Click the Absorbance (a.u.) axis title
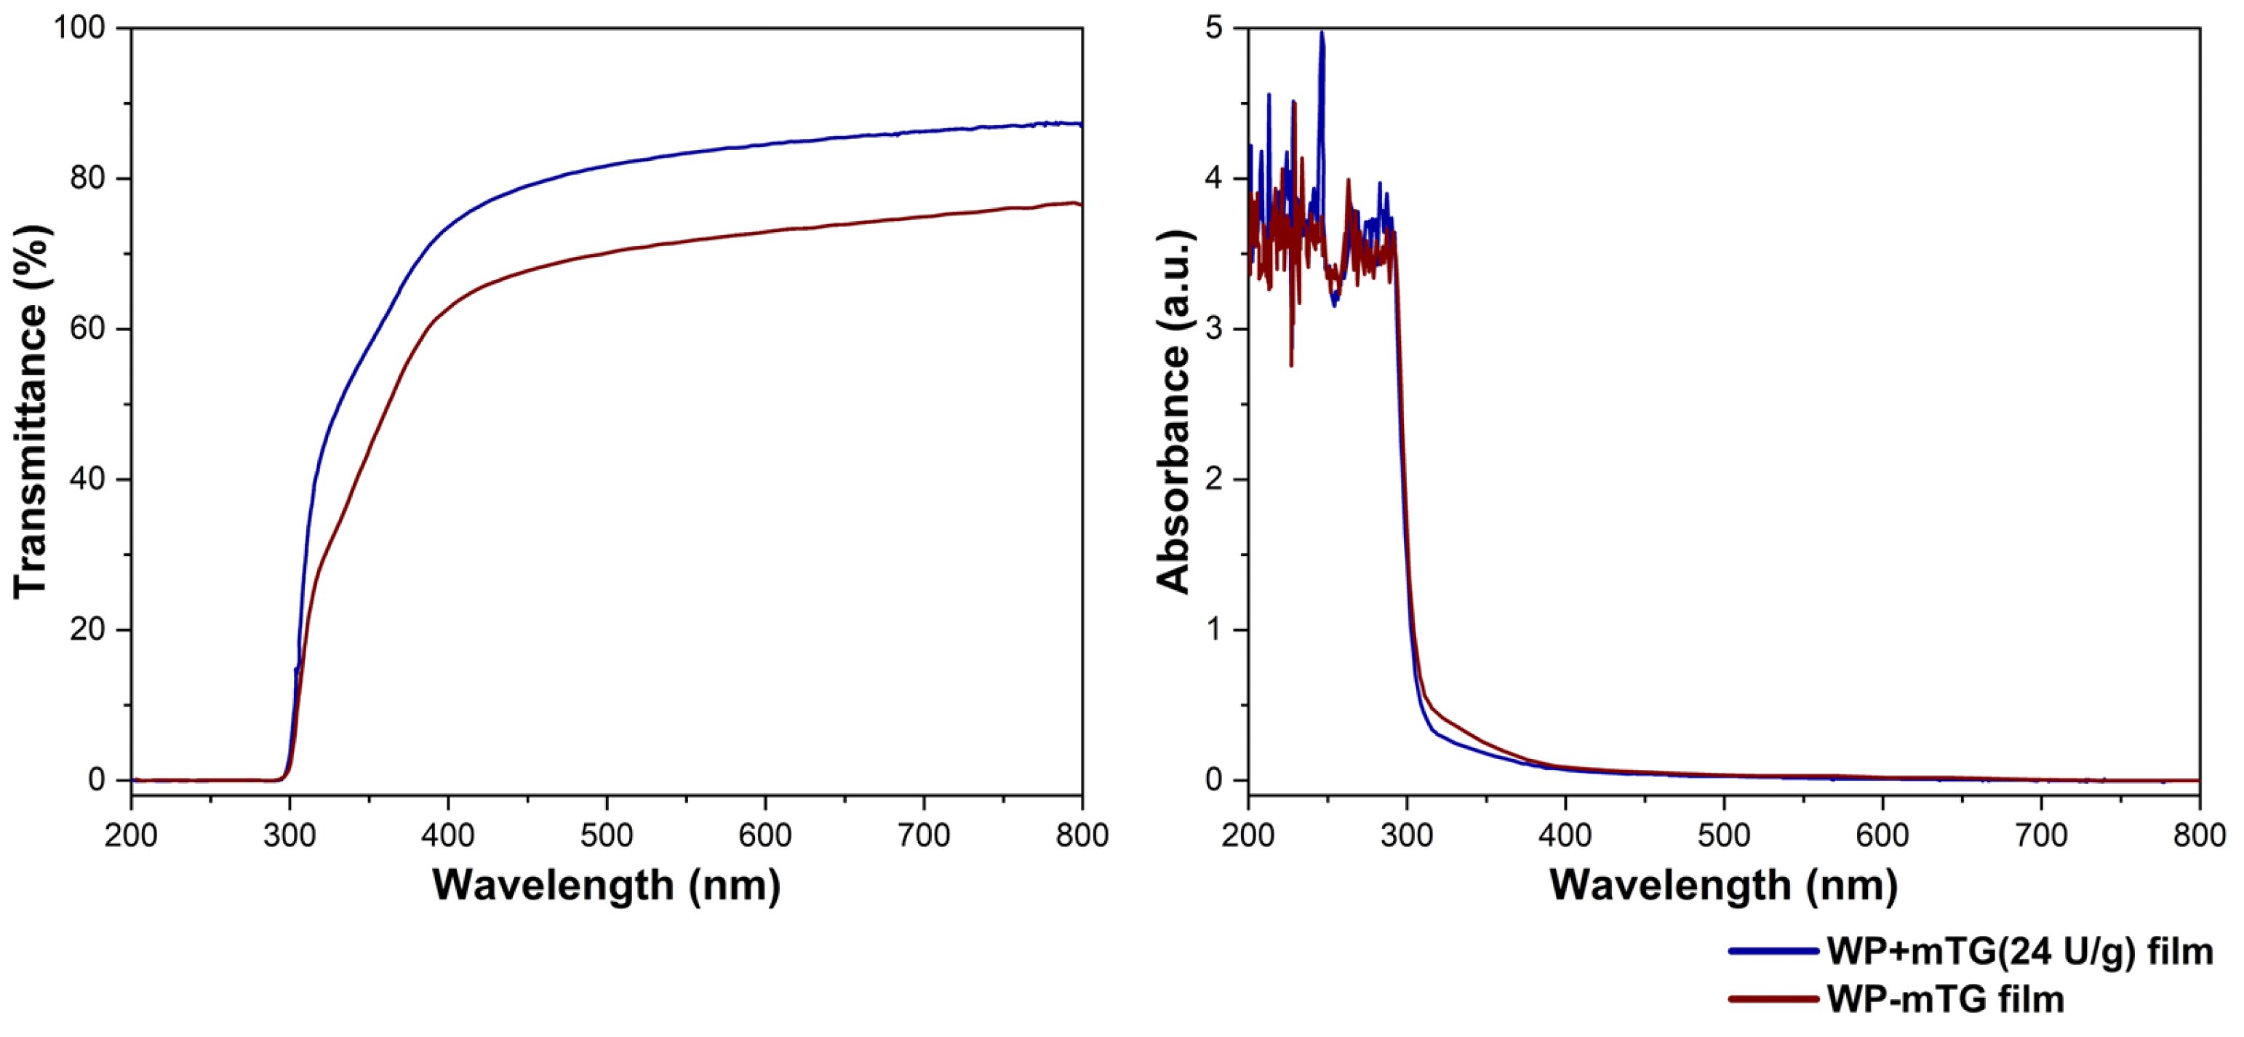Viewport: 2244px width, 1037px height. point(1173,411)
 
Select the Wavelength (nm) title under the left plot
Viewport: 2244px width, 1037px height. point(607,886)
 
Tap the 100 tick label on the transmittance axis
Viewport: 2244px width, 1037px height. point(79,28)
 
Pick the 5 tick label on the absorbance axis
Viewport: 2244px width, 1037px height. point(1213,28)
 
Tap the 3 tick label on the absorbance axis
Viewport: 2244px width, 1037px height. point(1213,330)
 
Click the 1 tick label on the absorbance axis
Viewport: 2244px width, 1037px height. point(1213,630)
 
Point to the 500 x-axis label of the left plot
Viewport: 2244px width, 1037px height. point(607,835)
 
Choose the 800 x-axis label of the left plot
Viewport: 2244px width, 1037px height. point(1081,835)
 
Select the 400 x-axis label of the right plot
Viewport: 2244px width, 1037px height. point(1565,835)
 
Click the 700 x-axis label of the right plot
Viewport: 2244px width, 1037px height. point(2041,835)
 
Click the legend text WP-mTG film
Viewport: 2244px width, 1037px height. point(1945,998)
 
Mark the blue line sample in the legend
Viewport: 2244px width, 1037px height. point(1773,950)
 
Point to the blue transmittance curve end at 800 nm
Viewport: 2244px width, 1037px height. point(1079,124)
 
